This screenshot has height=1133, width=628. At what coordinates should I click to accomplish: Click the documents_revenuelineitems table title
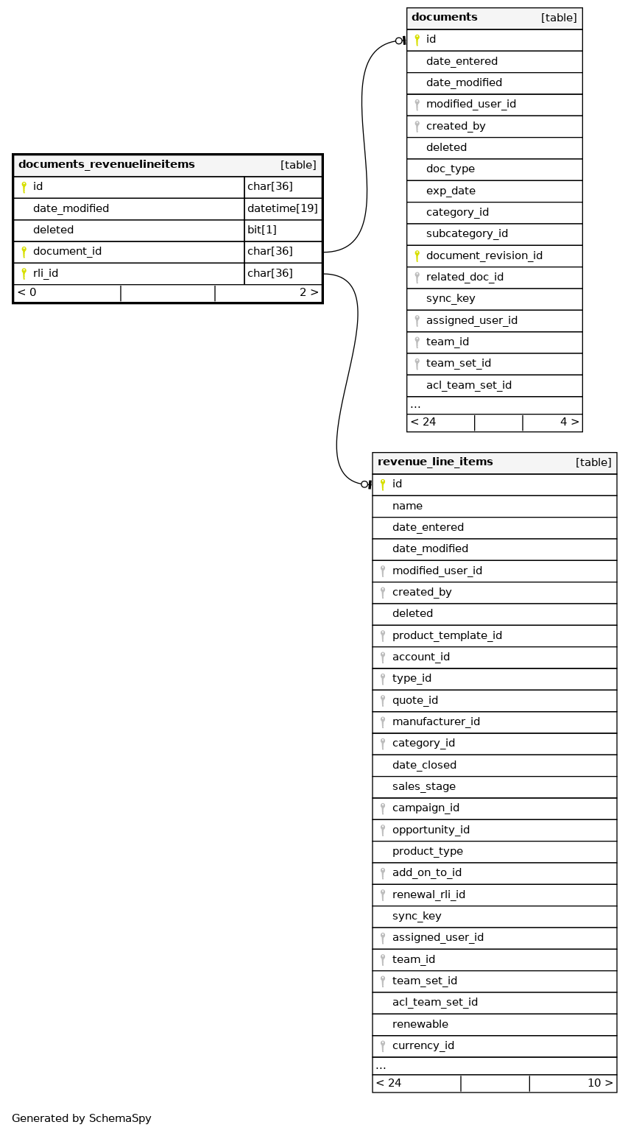pos(107,164)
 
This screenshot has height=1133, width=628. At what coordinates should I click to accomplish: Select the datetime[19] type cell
pos(283,208)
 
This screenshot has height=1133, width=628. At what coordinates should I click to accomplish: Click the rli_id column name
pos(46,273)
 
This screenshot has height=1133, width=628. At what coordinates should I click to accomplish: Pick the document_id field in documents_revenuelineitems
pos(67,252)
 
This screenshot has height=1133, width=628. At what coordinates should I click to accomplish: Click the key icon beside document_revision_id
pos(417,255)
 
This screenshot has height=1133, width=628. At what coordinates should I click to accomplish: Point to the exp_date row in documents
pos(451,191)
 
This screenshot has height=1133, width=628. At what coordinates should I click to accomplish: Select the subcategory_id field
pos(467,234)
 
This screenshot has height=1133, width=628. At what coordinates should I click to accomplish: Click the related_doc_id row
pos(465,277)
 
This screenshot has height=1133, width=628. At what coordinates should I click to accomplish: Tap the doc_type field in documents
pos(450,169)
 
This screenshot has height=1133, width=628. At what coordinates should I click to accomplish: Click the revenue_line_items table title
pos(435,462)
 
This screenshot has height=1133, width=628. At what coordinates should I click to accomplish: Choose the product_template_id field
pos(447,635)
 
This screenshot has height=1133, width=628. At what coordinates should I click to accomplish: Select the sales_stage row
pos(423,786)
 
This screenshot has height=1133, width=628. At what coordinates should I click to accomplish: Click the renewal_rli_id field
pos(428,894)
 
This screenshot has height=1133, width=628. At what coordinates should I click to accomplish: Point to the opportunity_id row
pos(431,830)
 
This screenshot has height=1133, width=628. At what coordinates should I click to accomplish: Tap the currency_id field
pos(423,1045)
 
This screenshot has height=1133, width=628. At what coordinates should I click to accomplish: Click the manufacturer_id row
pos(436,721)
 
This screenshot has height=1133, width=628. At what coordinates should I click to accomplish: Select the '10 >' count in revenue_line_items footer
pos(599,1083)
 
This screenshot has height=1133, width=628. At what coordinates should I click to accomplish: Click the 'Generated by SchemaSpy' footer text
pos(82,1118)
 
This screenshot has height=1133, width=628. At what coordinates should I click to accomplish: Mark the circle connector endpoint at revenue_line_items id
pos(364,484)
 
